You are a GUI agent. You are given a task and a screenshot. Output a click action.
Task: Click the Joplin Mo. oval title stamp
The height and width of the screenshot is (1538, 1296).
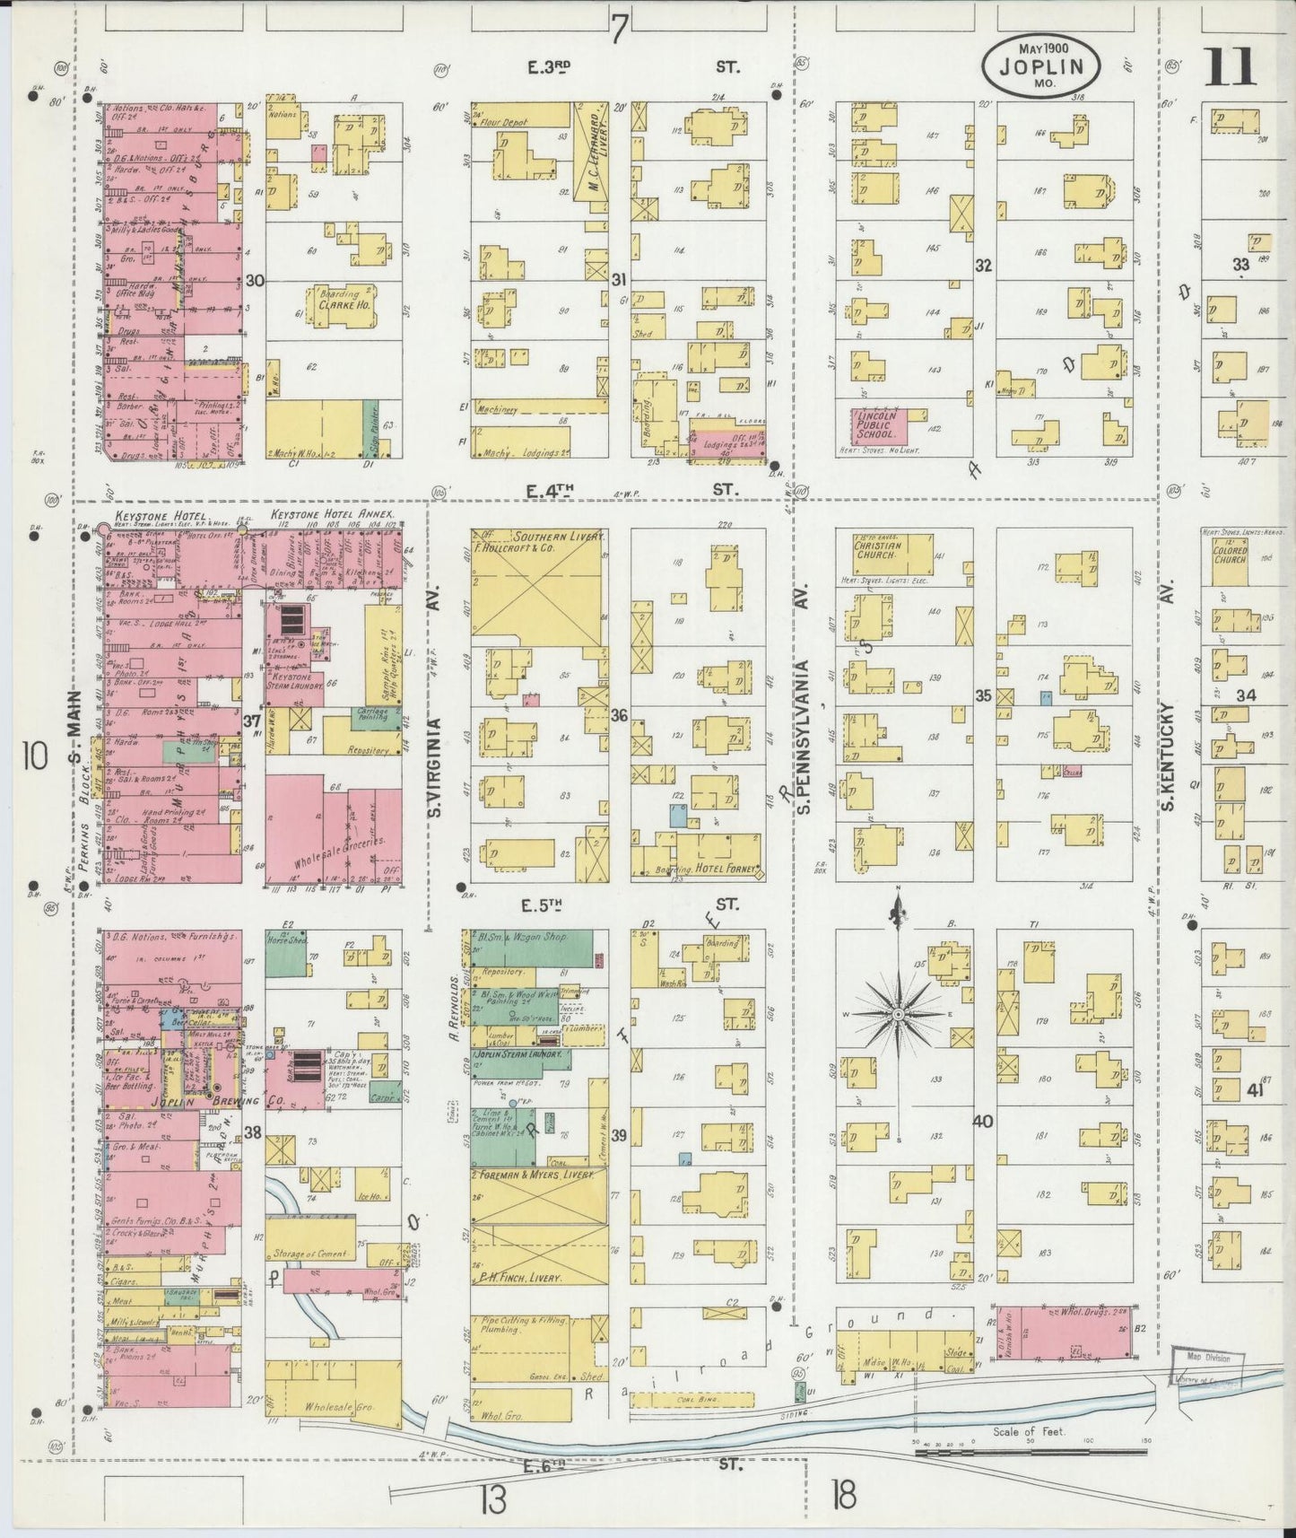(x=1041, y=66)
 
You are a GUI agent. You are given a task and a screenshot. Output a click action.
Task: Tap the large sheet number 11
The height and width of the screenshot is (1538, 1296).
(x=1232, y=67)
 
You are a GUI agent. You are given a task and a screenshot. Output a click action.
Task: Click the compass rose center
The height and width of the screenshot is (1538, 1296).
(x=898, y=1014)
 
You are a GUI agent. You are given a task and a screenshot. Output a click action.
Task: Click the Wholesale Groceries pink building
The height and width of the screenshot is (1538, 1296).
(x=334, y=829)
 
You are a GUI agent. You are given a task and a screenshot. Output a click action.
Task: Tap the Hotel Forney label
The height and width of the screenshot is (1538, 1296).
(x=726, y=869)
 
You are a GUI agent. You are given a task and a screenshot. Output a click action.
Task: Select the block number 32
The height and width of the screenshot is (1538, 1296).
(x=984, y=266)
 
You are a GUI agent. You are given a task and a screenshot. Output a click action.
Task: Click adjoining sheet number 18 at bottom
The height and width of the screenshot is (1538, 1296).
(x=843, y=1495)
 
